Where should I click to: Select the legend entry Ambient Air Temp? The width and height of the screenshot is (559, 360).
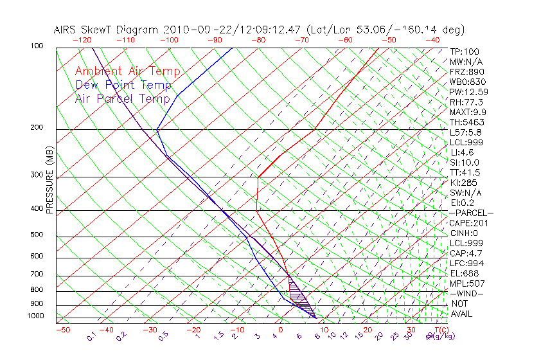[x=127, y=71]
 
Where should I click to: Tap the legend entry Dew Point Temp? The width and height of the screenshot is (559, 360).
[x=123, y=85]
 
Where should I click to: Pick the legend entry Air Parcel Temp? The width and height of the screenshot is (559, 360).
[x=123, y=98]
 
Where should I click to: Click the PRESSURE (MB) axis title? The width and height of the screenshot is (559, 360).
[x=49, y=180]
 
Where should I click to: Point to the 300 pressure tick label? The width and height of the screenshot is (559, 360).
[x=37, y=175]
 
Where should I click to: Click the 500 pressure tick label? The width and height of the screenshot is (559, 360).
[x=37, y=235]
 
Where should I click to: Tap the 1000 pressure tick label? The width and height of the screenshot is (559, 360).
[x=35, y=316]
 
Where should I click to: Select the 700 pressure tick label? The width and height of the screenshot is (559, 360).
[x=37, y=274]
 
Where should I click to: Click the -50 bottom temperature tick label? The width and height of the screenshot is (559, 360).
[x=62, y=330]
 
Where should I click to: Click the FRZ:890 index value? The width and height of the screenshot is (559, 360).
[x=465, y=71]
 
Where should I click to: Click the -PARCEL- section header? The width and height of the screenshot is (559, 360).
[x=471, y=213]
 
